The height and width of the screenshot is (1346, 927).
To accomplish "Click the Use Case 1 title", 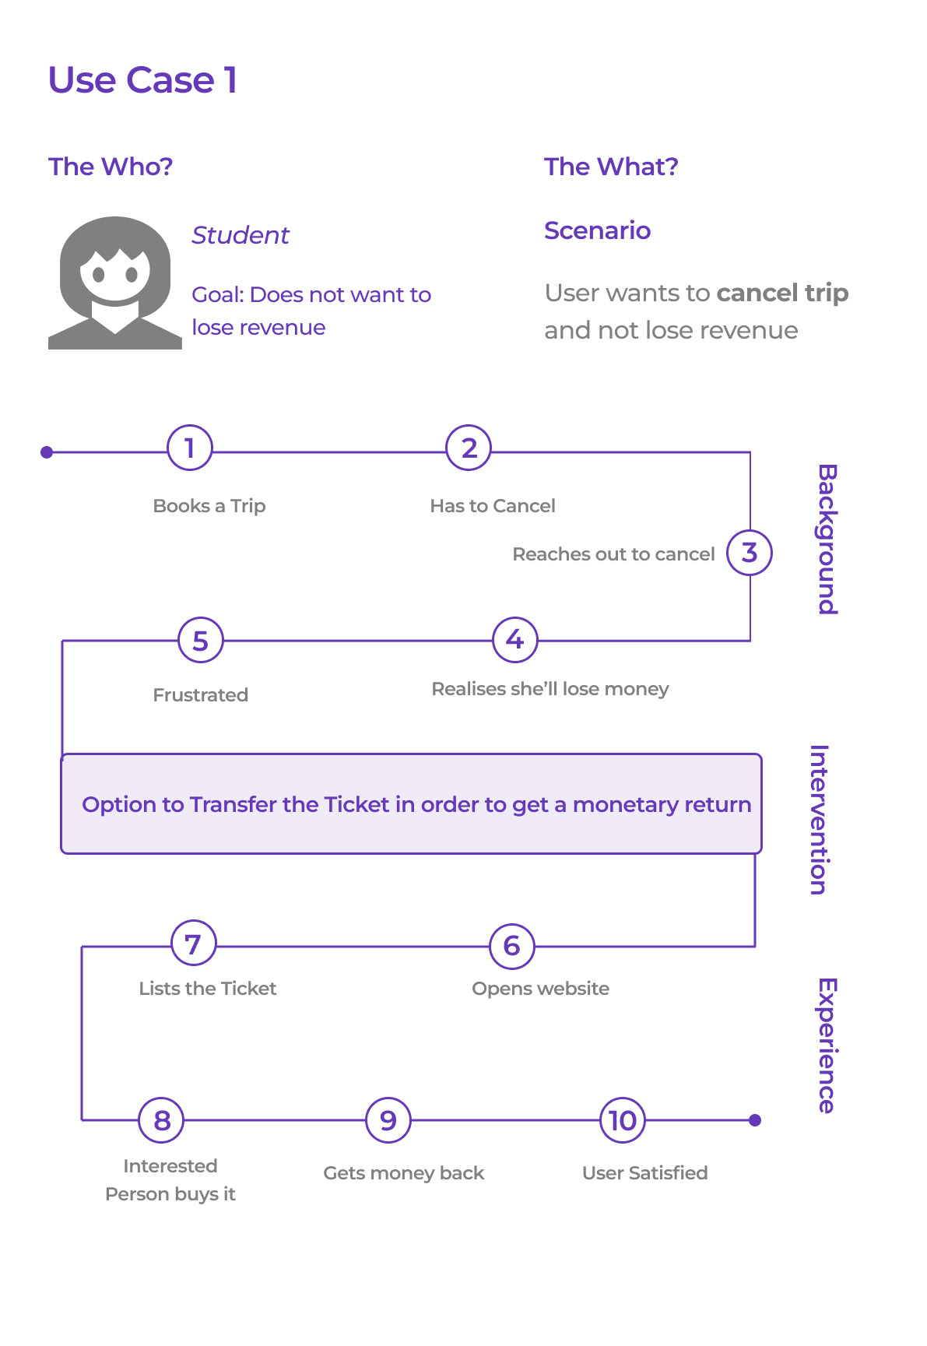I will pyautogui.click(x=142, y=80).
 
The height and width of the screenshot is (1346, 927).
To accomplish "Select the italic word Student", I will pyautogui.click(x=241, y=235).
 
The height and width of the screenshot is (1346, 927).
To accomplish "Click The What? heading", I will pyautogui.click(x=611, y=167).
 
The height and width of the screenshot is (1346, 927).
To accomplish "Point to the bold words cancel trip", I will pyautogui.click(x=782, y=293).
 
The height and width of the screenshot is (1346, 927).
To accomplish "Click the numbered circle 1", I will pyautogui.click(x=189, y=448).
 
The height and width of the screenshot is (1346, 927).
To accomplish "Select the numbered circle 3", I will pyautogui.click(x=750, y=553).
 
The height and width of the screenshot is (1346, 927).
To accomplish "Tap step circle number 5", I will pyautogui.click(x=201, y=641).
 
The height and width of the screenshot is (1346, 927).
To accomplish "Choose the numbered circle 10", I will pyautogui.click(x=623, y=1120).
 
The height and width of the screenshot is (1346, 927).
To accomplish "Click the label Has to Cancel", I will pyautogui.click(x=493, y=506).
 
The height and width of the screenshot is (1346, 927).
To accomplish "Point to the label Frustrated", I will pyautogui.click(x=200, y=695).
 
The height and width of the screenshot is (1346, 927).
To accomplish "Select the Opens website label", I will pyautogui.click(x=540, y=989).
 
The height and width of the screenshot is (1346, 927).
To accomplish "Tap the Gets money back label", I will pyautogui.click(x=403, y=1173).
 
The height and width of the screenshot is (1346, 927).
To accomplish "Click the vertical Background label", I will pyautogui.click(x=827, y=539).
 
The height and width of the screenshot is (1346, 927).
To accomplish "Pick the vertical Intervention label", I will pyautogui.click(x=820, y=820).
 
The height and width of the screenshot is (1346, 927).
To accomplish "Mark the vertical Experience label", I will pyautogui.click(x=827, y=1046).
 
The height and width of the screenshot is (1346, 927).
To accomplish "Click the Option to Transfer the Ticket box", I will pyautogui.click(x=411, y=804).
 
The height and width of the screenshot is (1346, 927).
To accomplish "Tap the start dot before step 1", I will pyautogui.click(x=47, y=452).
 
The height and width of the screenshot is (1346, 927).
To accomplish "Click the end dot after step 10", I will pyautogui.click(x=755, y=1120).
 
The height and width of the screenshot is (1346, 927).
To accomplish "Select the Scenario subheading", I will pyautogui.click(x=597, y=230).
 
